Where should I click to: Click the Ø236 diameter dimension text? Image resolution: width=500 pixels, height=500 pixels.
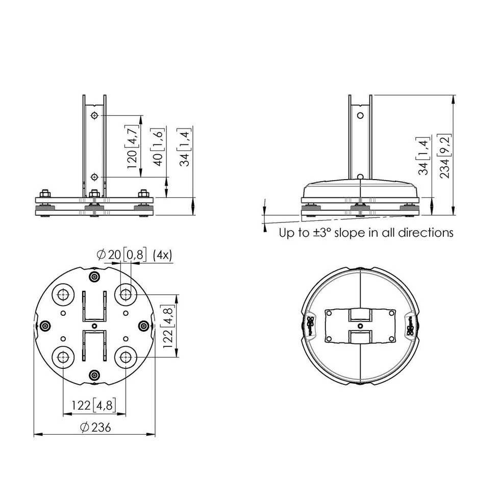tap(95, 428)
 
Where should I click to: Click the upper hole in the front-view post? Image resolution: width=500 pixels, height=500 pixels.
tap(94, 116)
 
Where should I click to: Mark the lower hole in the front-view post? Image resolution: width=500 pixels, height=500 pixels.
tap(94, 177)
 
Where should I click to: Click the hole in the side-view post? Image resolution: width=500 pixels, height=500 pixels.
tap(360, 115)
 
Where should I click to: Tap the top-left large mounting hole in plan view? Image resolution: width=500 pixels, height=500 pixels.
tap(63, 294)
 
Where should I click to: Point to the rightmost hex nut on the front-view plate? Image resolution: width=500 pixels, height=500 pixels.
tap(144, 194)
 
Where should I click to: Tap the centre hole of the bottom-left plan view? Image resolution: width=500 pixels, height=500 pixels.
tap(94, 326)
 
